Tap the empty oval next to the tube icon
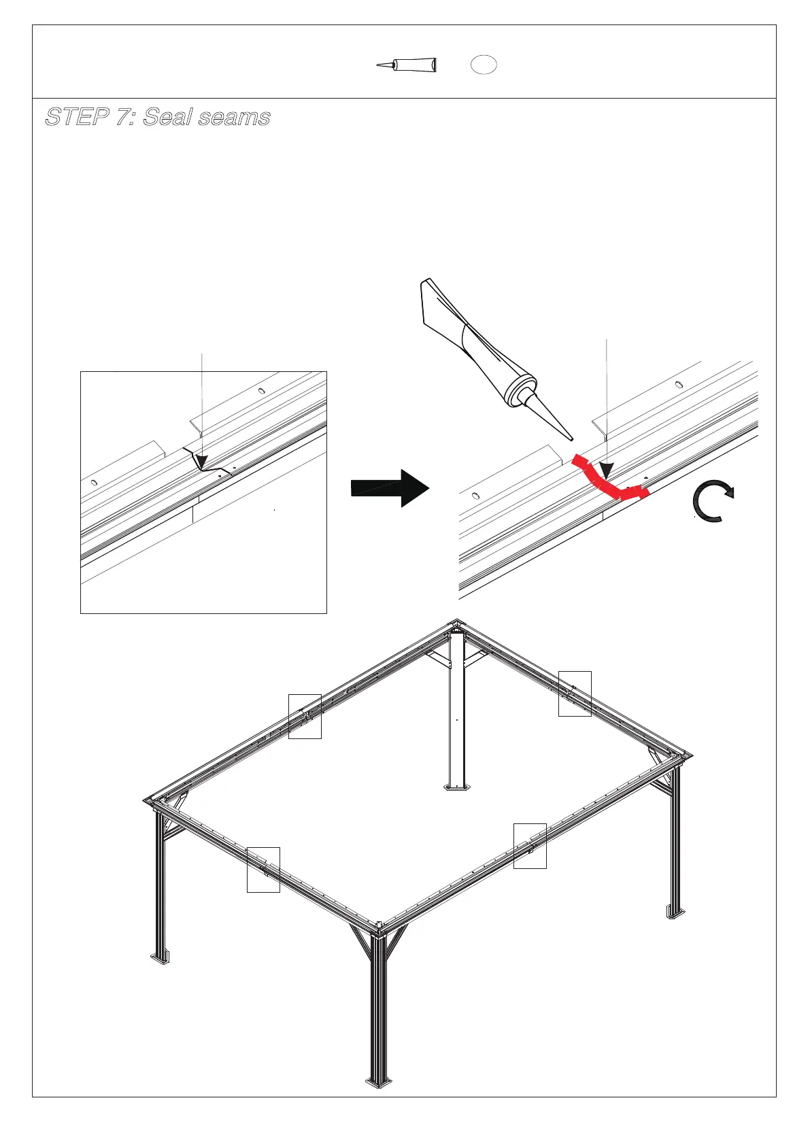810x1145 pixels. tap(484, 65)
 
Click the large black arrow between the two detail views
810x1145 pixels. tap(390, 488)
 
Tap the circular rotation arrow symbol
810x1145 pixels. tap(711, 501)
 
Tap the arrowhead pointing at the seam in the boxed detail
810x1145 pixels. tap(201, 462)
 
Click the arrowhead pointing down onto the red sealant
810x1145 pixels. tap(606, 470)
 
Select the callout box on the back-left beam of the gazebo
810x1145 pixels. tap(305, 716)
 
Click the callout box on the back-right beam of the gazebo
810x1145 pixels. tap(575, 694)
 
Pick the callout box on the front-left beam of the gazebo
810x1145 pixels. tap(263, 870)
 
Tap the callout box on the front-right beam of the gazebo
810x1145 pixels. tap(530, 846)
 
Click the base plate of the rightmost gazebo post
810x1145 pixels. tap(675, 912)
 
